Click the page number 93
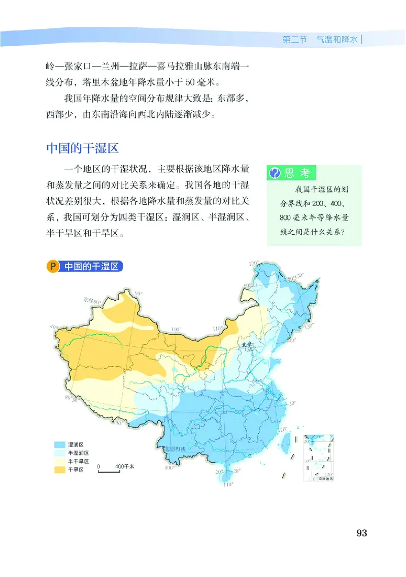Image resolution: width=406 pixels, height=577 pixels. (x=361, y=533)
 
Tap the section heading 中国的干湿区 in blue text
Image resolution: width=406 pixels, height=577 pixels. (x=82, y=149)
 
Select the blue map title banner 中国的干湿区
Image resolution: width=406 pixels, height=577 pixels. (x=91, y=266)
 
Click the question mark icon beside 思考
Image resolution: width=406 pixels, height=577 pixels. (x=275, y=173)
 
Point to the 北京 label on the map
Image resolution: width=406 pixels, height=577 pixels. (x=247, y=343)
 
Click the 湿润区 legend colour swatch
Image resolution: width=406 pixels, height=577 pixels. (x=60, y=444)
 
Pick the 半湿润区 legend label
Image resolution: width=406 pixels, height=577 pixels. (x=79, y=453)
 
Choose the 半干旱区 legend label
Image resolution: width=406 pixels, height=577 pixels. (x=79, y=461)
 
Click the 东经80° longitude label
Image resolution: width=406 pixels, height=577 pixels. (x=90, y=301)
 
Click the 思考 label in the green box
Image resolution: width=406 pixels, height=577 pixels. (x=297, y=173)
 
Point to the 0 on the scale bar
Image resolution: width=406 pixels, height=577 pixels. (x=99, y=466)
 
